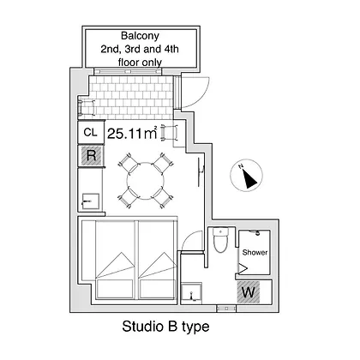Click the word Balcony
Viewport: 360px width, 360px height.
[140, 36]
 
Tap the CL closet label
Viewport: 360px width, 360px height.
[90, 132]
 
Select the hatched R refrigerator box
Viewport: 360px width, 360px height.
[91, 156]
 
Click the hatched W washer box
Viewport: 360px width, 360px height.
[249, 292]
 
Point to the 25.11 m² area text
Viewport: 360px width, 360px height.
[132, 133]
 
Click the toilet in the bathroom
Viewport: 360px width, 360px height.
[221, 240]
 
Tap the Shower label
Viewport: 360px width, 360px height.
[255, 252]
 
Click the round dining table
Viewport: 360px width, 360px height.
[146, 180]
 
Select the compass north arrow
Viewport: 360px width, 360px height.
[249, 178]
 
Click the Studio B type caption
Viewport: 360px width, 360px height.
[165, 327]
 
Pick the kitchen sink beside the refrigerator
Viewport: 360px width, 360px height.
[91, 201]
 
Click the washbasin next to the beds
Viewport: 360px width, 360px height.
[192, 293]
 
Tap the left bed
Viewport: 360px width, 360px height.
[115, 260]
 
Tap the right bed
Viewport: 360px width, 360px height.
[157, 260]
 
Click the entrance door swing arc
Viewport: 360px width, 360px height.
[201, 95]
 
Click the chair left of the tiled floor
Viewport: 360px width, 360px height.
[87, 107]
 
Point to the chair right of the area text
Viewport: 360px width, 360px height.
[170, 133]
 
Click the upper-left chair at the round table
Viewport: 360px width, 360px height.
[129, 163]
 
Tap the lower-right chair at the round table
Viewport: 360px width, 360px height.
[162, 197]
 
